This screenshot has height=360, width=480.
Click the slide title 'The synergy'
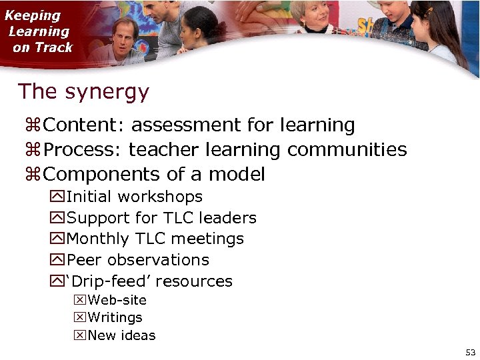point(83,92)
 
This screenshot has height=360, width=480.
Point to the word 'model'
point(237,175)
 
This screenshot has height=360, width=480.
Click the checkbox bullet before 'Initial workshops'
point(56,197)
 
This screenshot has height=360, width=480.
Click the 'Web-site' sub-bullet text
point(117,300)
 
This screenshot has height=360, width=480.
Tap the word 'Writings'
point(115,318)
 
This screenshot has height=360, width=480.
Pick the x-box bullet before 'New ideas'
point(79,335)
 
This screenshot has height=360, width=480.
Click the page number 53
point(470,352)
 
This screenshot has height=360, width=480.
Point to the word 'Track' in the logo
point(53,48)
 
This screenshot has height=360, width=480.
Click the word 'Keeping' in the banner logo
point(32,16)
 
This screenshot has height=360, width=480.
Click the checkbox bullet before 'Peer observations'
point(56,260)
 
